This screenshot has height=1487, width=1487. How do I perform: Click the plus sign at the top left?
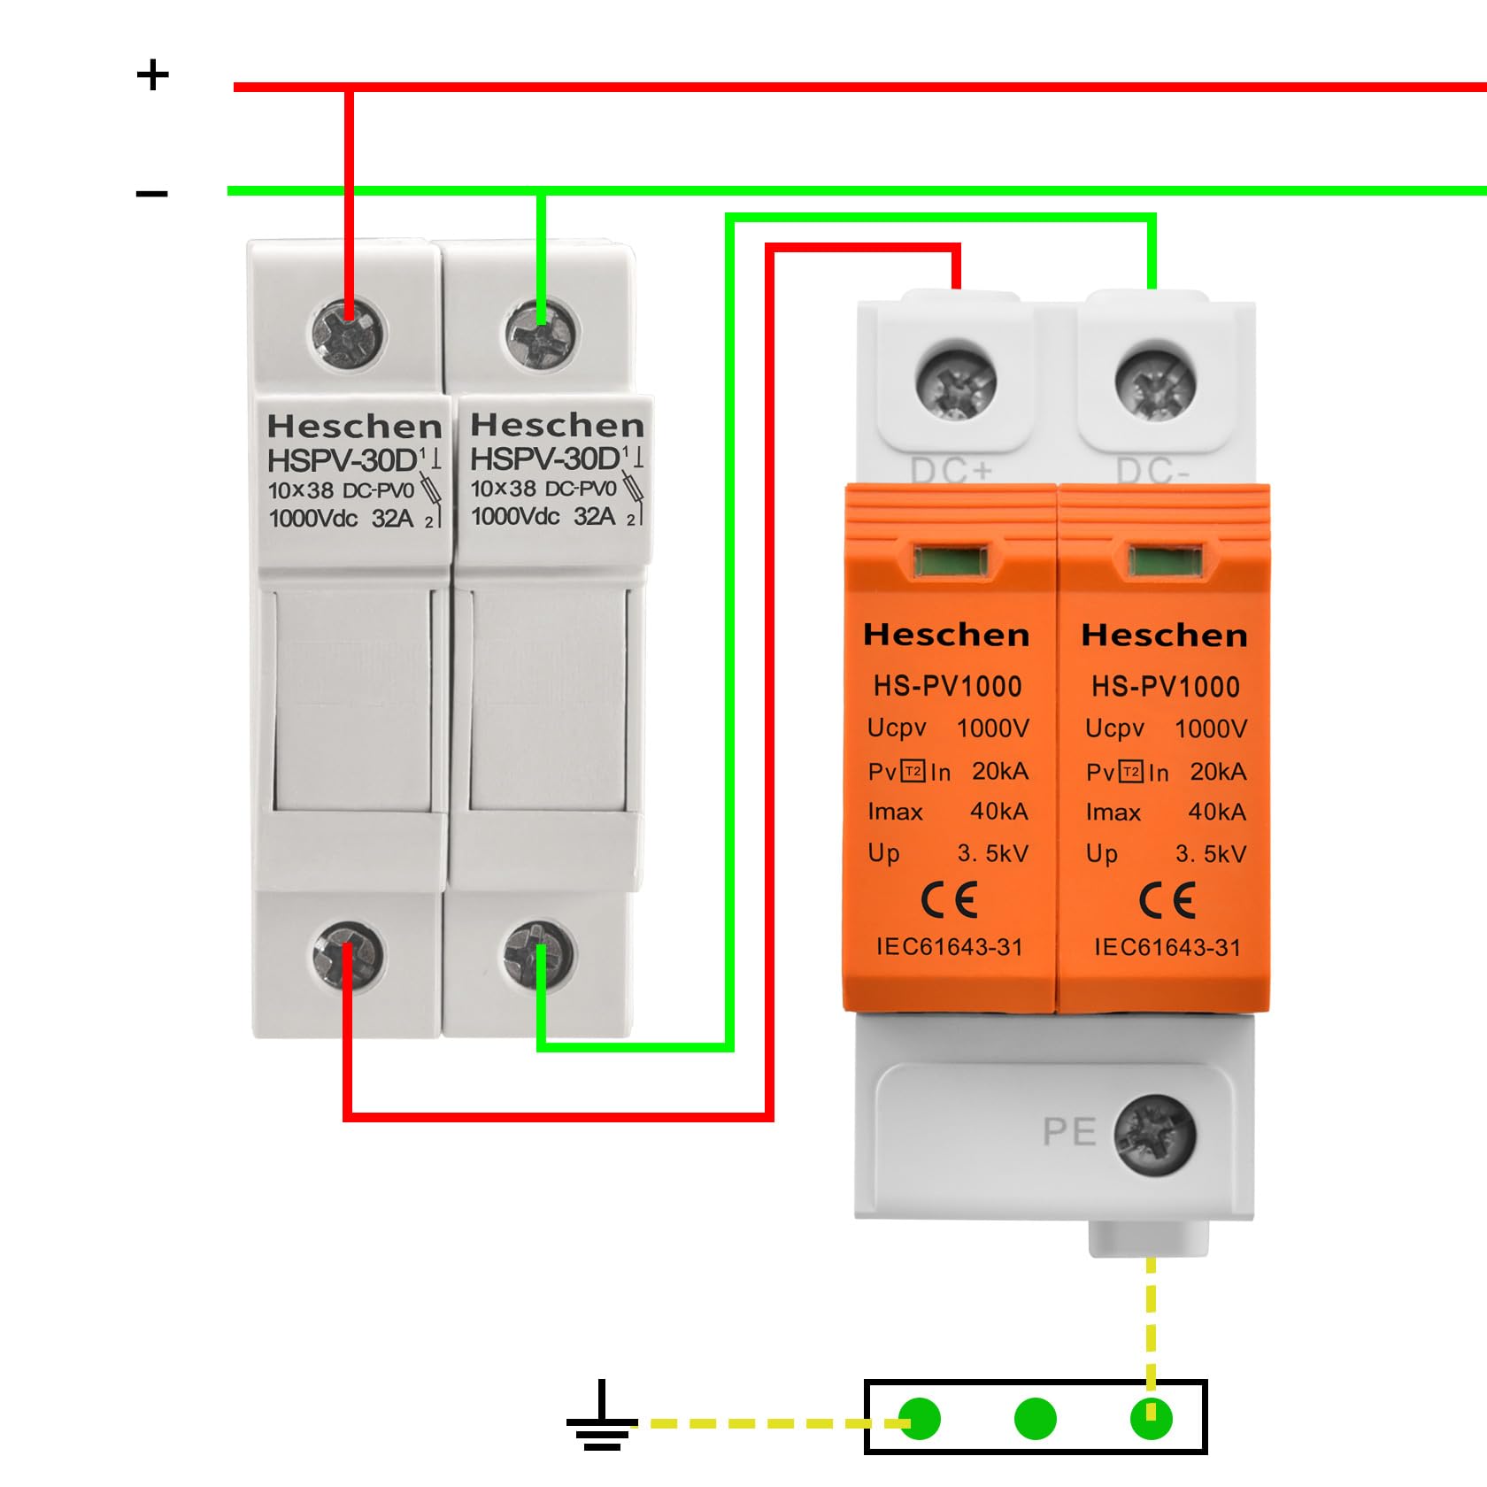click(x=152, y=75)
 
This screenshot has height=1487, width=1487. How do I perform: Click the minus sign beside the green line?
click(x=151, y=194)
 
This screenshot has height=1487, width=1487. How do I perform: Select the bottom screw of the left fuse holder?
click(x=348, y=955)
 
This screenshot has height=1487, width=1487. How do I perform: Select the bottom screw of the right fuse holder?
click(x=538, y=954)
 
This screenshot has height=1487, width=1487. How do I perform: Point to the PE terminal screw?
click(x=1154, y=1135)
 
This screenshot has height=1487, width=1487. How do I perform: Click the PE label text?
click(x=1069, y=1132)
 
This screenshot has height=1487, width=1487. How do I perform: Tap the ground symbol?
click(x=602, y=1417)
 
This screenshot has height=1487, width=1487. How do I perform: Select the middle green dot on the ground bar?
click(x=1035, y=1419)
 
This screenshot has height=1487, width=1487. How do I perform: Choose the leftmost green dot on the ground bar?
click(x=920, y=1419)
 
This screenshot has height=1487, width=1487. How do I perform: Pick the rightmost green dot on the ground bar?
click(x=1151, y=1419)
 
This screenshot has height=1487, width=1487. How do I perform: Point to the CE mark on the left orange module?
click(x=949, y=901)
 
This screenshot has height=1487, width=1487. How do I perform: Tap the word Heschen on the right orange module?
click(x=1164, y=636)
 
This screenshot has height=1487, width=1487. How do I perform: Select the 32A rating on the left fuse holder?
click(x=392, y=519)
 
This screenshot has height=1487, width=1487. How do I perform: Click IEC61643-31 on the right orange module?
click(x=1167, y=948)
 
